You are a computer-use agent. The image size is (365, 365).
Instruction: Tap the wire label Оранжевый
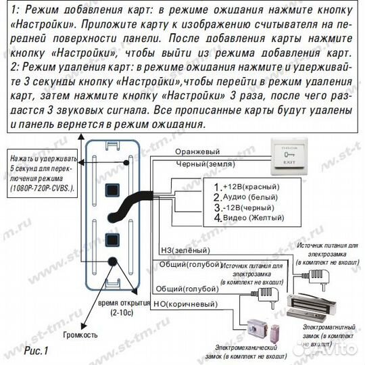point(197,152)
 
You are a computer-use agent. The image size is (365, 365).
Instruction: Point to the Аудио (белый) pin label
point(244,197)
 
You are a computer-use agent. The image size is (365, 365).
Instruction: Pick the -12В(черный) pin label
point(247,208)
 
